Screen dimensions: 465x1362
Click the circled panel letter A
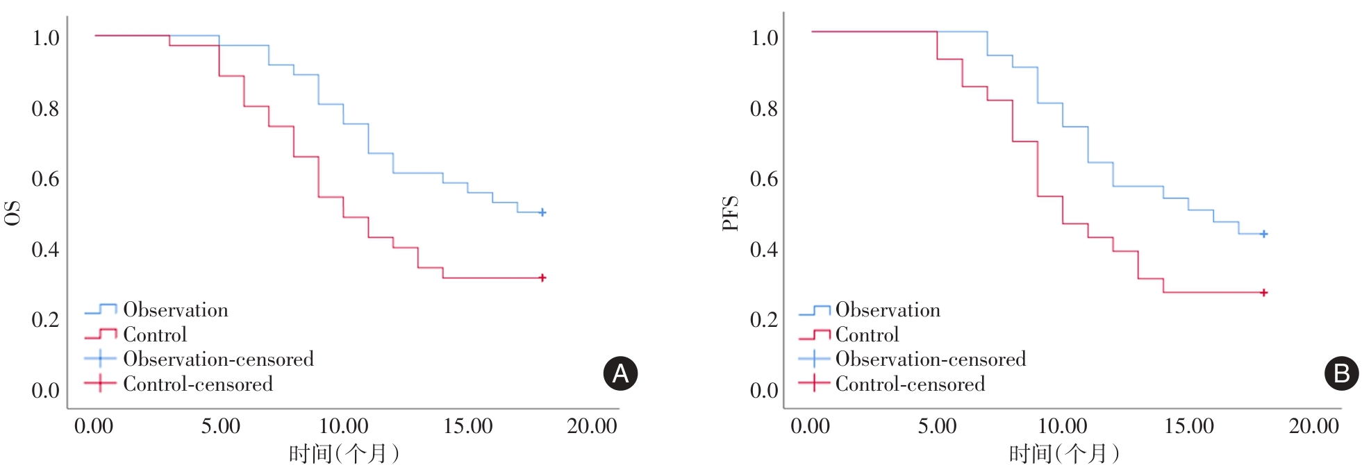[x=620, y=373]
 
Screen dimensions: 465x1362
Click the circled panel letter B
[x=1341, y=373]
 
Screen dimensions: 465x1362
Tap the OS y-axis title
[x=13, y=213]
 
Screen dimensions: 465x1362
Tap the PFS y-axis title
[x=730, y=213]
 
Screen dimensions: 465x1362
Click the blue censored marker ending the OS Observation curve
[x=542, y=212]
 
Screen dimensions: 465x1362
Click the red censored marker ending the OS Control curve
[x=542, y=278]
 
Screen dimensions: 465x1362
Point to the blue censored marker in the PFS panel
[x=1263, y=234]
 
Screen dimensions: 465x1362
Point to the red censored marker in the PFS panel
[x=1263, y=293]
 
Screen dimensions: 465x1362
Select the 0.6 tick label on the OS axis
[x=45, y=179]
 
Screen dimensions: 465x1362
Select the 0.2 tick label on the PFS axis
[x=764, y=320]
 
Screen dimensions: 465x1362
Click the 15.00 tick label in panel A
[x=467, y=425]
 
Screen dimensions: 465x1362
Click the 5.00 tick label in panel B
[x=937, y=425]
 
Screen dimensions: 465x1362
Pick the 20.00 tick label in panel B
[x=1313, y=425]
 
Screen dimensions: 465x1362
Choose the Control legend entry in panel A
[x=154, y=335]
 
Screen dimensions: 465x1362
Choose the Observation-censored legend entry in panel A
[x=217, y=359]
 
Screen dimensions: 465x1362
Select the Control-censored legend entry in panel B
[x=909, y=384]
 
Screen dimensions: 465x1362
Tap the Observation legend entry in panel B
[x=887, y=310]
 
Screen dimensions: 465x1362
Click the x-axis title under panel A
[x=344, y=453]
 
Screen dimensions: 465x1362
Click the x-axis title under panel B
[x=1063, y=453]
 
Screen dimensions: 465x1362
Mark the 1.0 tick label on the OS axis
[x=45, y=37]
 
